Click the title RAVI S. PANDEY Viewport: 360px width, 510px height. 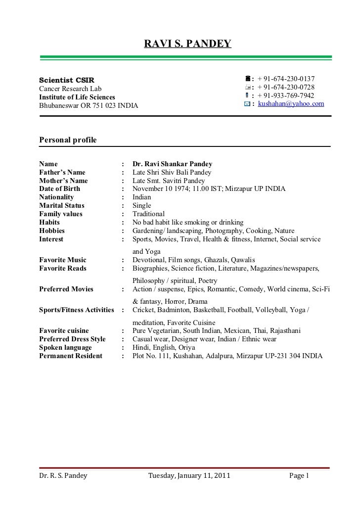pyautogui.click(x=187, y=45)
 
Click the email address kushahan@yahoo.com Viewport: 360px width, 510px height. pyautogui.click(x=291, y=103)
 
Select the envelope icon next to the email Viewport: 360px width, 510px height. pyautogui.click(x=247, y=103)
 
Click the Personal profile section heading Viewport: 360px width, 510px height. pyautogui.click(x=68, y=140)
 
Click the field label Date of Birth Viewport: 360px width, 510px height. pyautogui.click(x=59, y=188)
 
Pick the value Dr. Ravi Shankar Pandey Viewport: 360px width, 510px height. pyautogui.click(x=173, y=164)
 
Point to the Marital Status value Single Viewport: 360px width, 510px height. pyautogui.click(x=142, y=205)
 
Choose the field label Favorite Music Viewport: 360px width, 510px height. pyautogui.click(x=63, y=260)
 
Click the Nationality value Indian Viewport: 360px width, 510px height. pyautogui.click(x=142, y=197)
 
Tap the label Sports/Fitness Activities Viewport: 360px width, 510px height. pyautogui.click(x=77, y=310)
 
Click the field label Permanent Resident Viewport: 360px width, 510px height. pyautogui.click(x=71, y=356)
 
